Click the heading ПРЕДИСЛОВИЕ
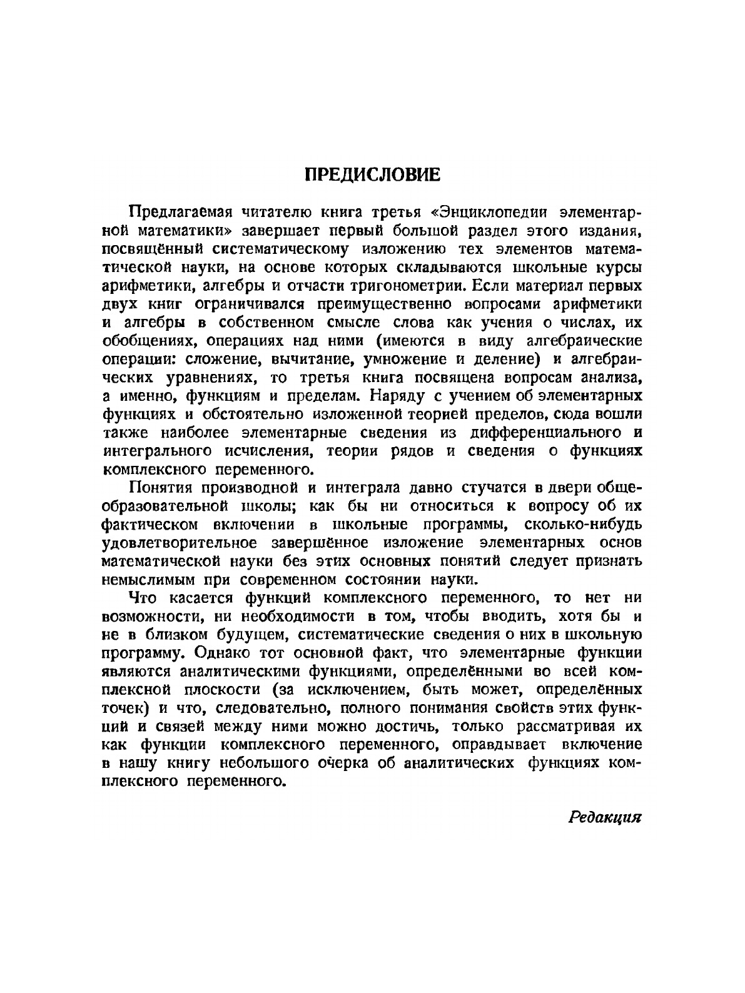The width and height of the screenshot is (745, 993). (x=372, y=174)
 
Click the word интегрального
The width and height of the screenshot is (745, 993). (x=155, y=451)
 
